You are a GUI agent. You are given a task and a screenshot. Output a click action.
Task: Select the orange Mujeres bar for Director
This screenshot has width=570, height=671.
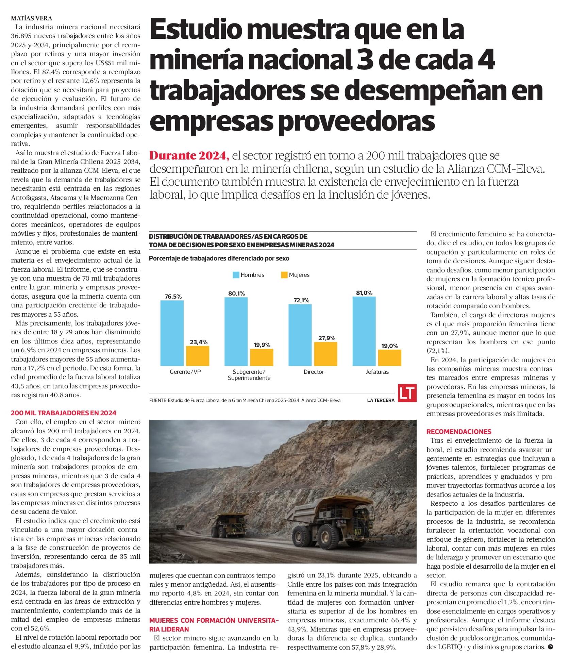click(x=325, y=354)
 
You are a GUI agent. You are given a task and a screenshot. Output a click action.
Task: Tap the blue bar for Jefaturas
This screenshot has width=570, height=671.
click(x=364, y=331)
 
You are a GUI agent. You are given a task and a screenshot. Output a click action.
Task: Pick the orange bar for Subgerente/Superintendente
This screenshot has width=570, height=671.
click(x=261, y=357)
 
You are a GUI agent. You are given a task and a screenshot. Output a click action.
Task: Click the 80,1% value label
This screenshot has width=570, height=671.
click(x=236, y=293)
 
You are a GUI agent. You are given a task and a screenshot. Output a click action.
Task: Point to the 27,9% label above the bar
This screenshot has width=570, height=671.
click(x=327, y=338)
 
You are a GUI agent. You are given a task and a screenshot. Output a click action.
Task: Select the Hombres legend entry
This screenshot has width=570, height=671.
click(x=248, y=275)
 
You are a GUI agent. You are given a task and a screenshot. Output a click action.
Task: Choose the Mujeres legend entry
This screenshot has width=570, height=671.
click(x=295, y=275)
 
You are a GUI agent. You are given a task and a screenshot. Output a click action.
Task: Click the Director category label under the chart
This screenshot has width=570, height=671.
click(x=314, y=372)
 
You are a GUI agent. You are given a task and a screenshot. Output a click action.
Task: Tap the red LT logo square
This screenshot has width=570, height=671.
click(x=407, y=393)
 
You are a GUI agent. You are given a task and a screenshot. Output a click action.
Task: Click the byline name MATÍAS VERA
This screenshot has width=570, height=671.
click(x=32, y=18)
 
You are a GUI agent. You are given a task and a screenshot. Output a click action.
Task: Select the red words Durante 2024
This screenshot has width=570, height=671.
click(x=188, y=156)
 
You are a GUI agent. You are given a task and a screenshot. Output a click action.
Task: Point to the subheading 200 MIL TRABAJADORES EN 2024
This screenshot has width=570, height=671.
click(x=64, y=413)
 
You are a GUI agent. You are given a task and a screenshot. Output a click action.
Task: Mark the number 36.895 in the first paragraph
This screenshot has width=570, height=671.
click(x=23, y=36)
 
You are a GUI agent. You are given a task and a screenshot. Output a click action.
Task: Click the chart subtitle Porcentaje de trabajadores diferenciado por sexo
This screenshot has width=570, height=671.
click(x=219, y=258)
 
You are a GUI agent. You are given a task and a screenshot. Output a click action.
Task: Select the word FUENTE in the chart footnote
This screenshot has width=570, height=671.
click(x=158, y=400)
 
